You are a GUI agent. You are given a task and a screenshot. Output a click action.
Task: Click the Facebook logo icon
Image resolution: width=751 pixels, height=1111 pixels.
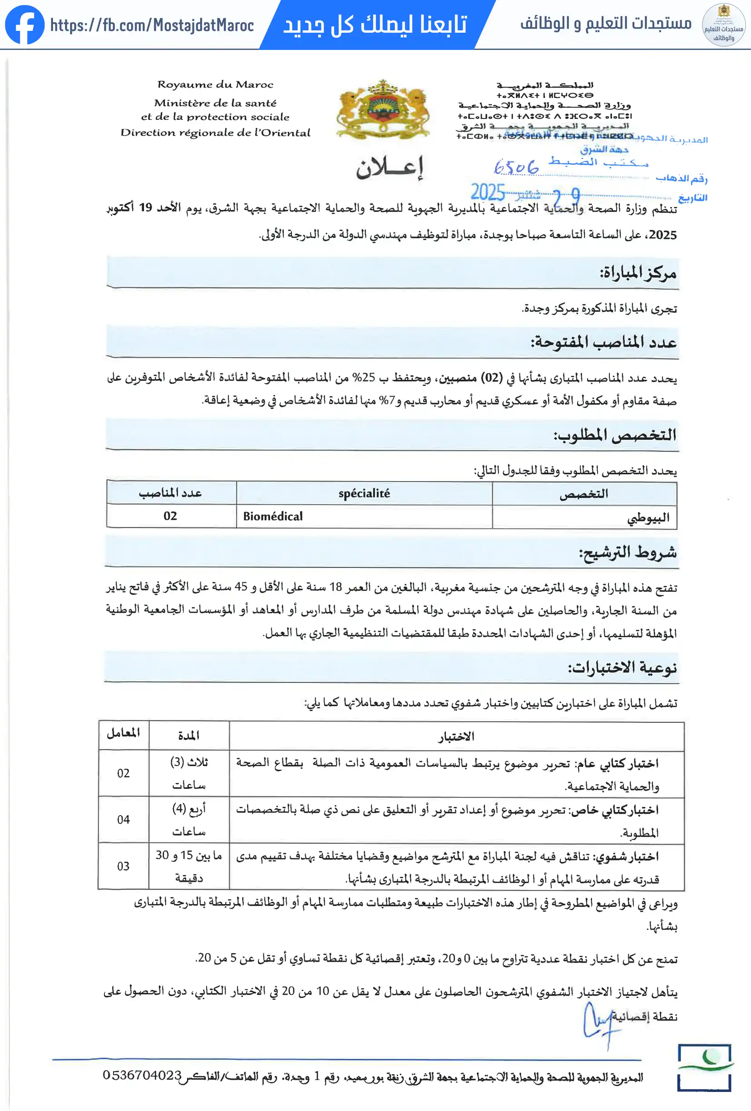[x=25, y=25]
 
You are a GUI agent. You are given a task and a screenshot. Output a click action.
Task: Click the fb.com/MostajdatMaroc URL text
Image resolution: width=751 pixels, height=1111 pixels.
[x=152, y=25]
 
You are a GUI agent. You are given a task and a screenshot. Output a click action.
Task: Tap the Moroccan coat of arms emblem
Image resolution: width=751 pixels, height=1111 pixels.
[x=382, y=109]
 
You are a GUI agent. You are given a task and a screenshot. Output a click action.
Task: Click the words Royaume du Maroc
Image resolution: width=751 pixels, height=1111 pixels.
[x=215, y=84]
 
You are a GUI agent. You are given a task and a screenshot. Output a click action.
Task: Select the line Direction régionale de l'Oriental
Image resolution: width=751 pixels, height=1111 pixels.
[x=215, y=133]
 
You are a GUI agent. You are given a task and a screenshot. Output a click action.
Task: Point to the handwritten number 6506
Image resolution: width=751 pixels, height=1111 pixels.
[x=516, y=167]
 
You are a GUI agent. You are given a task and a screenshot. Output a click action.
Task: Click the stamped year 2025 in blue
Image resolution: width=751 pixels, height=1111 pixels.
[x=488, y=192]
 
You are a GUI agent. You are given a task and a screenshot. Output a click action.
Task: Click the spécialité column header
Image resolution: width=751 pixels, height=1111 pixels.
[x=364, y=493]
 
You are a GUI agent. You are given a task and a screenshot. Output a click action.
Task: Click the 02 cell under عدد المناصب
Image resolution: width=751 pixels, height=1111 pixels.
[x=170, y=516]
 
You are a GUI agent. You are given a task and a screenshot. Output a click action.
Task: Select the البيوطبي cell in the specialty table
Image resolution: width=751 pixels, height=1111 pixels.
[x=647, y=518]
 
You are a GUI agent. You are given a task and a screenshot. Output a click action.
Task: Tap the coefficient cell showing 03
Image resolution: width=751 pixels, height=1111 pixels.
[x=124, y=866]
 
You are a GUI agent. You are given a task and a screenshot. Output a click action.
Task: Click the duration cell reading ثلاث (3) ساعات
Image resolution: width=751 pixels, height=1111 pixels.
[x=189, y=773]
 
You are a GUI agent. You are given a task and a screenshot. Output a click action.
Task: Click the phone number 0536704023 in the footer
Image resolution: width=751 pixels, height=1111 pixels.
[x=142, y=1075]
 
